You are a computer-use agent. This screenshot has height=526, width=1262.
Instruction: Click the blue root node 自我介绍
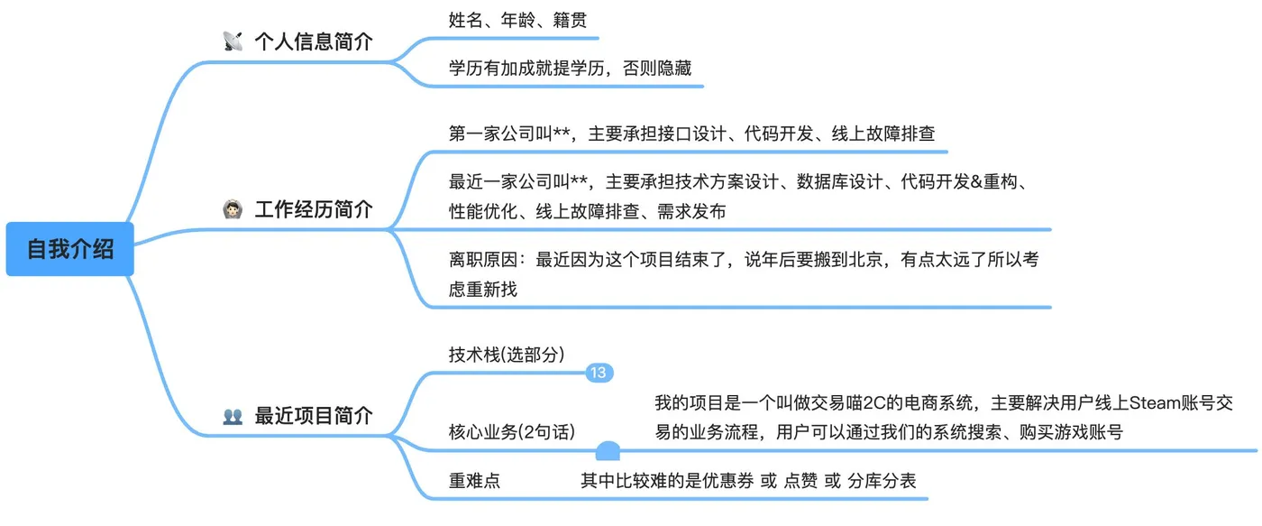tap(70, 249)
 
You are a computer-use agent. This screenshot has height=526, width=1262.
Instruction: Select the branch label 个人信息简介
tap(313, 42)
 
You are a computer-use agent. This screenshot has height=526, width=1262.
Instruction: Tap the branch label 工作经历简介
tap(313, 210)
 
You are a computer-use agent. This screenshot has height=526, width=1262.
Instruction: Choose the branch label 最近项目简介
tap(313, 416)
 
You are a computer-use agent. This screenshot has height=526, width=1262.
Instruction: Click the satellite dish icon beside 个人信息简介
tap(233, 42)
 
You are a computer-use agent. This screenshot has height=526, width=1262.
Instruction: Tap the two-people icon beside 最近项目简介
tap(233, 417)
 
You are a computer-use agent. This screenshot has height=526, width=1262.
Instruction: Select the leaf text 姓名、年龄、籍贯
tap(517, 20)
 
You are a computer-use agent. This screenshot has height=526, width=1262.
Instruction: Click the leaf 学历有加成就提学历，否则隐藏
tap(570, 68)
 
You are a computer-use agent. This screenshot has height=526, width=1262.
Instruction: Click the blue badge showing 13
tap(599, 373)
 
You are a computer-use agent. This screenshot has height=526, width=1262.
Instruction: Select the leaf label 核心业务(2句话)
tap(511, 431)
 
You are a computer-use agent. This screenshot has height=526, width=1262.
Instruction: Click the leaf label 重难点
tap(474, 481)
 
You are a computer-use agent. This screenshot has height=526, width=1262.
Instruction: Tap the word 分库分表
tap(882, 481)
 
